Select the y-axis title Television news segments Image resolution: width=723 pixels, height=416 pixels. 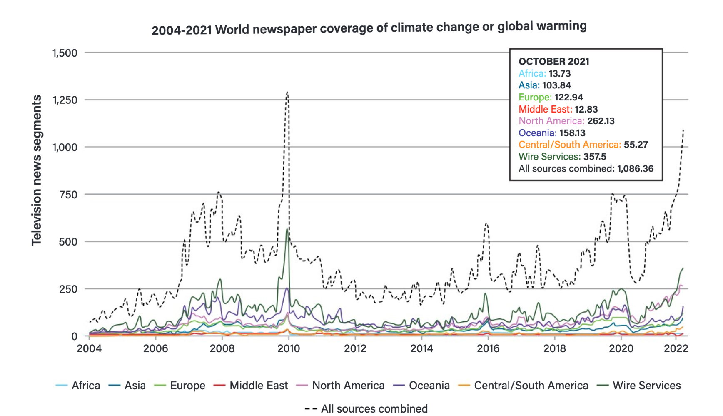tap(37, 170)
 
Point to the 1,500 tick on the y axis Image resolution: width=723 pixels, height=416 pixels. tap(65, 53)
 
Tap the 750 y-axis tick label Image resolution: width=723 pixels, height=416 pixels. tap(68, 195)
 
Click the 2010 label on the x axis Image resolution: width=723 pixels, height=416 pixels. tap(289, 348)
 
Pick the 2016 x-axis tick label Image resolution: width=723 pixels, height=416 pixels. tap(488, 348)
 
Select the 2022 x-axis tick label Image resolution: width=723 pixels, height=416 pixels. tap(676, 348)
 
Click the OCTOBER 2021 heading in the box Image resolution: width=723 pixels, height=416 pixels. tap(554, 61)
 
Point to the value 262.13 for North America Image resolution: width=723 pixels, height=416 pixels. tap(601, 121)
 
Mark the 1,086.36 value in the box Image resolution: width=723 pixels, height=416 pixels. tap(635, 169)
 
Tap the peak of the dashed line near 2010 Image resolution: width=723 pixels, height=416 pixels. tap(287, 93)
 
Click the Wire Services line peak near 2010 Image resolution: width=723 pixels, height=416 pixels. tap(287, 229)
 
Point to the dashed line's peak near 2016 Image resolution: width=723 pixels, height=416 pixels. tap(486, 223)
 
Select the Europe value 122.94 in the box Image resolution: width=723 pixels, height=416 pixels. tap(568, 97)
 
